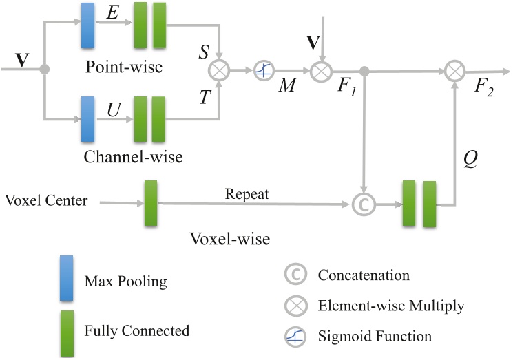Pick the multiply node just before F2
point(454,70)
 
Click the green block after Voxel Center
point(151,203)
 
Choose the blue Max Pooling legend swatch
point(67,282)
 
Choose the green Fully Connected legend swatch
point(67,330)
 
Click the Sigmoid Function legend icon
point(294,337)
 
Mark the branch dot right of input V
point(45,70)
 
